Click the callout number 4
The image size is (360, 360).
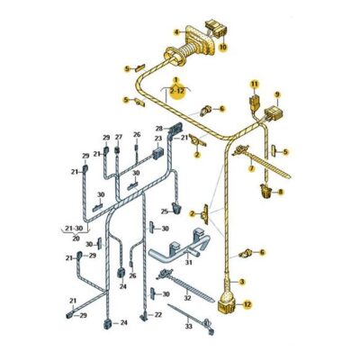tap(176, 31)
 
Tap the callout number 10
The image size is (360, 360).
tap(223, 47)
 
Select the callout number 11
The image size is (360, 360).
tap(255, 85)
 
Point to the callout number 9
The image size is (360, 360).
tap(277, 94)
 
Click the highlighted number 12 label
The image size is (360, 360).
tap(247, 305)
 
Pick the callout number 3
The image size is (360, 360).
tap(242, 282)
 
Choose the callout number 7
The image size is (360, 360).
tap(251, 169)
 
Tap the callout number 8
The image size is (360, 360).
tap(281, 192)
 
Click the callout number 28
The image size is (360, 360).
tap(159, 129)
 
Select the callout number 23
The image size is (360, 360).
tap(158, 139)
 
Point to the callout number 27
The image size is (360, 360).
tap(119, 137)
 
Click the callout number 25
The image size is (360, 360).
tap(165, 211)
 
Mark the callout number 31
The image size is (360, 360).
tap(188, 263)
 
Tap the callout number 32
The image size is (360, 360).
tap(187, 298)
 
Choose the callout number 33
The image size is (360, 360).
tap(188, 327)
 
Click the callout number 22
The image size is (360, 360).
tap(158, 315)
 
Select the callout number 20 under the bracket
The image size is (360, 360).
tap(76, 238)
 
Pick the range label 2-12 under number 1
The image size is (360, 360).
tap(177, 90)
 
